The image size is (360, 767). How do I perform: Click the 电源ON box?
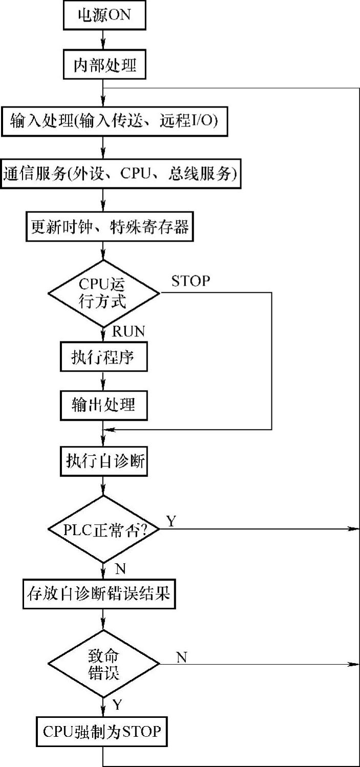[104, 15]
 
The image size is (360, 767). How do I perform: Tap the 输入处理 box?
[114, 121]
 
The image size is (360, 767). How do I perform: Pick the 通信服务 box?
[121, 174]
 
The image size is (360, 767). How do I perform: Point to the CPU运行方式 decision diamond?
[104, 293]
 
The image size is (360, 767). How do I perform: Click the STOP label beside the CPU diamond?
[191, 281]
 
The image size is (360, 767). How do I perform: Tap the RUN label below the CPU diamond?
[128, 331]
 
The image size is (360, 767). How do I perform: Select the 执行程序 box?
[104, 358]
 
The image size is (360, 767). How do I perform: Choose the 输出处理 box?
[104, 406]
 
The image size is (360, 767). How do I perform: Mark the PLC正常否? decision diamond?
[104, 529]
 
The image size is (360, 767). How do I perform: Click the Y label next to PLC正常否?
[171, 521]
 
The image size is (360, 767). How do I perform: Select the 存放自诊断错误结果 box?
[100, 594]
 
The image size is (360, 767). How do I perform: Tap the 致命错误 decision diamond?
[104, 664]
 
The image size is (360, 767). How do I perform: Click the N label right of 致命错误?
[181, 657]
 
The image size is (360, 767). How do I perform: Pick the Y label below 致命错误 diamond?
[117, 705]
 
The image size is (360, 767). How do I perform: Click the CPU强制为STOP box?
[101, 732]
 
